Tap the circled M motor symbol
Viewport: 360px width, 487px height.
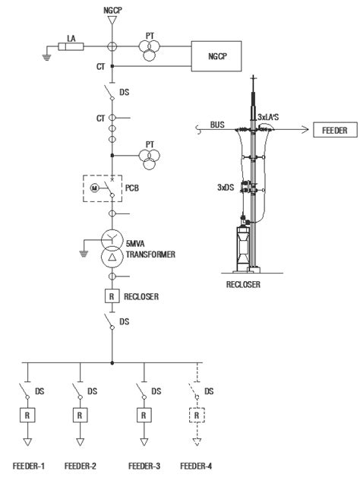96,188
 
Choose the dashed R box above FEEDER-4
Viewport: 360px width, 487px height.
197,416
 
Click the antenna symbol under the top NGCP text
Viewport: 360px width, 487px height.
112,23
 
